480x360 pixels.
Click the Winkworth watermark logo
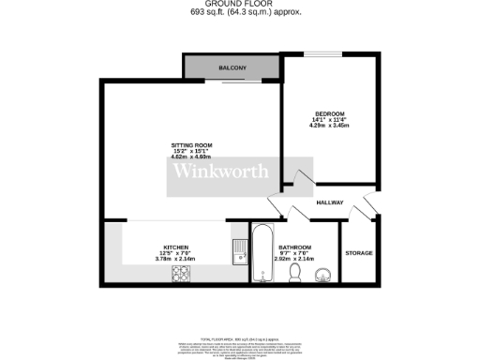tap(219, 172)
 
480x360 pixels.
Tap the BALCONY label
tap(232, 68)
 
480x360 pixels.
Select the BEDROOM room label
tap(329, 112)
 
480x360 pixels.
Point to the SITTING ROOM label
tap(191, 145)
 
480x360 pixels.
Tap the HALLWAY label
tap(330, 203)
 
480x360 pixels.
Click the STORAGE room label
tap(359, 253)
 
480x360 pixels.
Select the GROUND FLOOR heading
tap(240, 5)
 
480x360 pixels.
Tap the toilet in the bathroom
tap(295, 271)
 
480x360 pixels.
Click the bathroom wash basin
tap(323, 273)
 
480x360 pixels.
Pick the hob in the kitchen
tap(181, 273)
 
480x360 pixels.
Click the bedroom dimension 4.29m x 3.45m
tap(329, 126)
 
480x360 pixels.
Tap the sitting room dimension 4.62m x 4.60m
tap(191, 158)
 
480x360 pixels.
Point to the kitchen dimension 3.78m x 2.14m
tap(176, 259)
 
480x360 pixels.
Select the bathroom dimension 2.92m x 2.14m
tap(293, 259)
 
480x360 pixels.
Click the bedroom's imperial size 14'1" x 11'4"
tap(329, 119)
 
